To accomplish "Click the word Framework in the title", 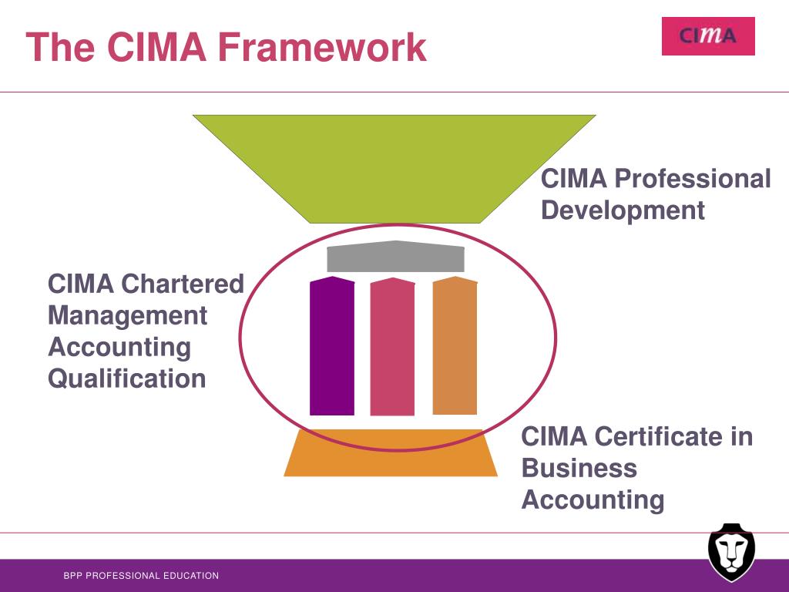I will pyautogui.click(x=321, y=47).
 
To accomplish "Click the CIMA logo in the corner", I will pyautogui.click(x=708, y=36).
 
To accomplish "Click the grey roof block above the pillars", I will pyautogui.click(x=395, y=257).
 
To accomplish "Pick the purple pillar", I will pyautogui.click(x=332, y=347).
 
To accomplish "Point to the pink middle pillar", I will pyautogui.click(x=392, y=348).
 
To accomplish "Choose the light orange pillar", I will pyautogui.click(x=455, y=346).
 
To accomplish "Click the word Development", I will pyautogui.click(x=623, y=210).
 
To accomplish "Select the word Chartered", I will pyautogui.click(x=182, y=284).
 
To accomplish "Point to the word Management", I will pyautogui.click(x=127, y=315).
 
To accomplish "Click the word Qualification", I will pyautogui.click(x=127, y=378).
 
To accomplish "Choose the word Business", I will pyautogui.click(x=579, y=468).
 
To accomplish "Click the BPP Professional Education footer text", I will pyautogui.click(x=141, y=576).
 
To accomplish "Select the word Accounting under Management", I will pyautogui.click(x=119, y=347).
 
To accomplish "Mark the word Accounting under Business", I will pyautogui.click(x=593, y=499).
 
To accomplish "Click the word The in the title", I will pyautogui.click(x=61, y=47).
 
